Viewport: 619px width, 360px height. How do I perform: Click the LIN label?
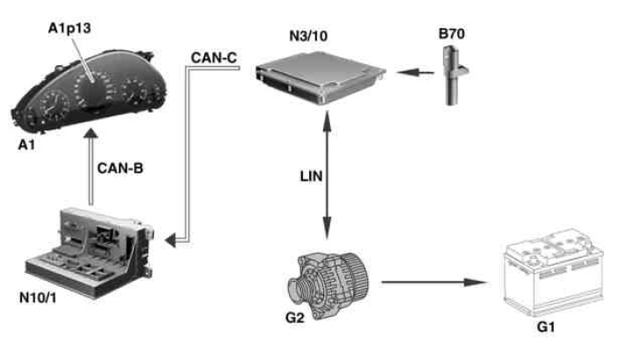(x=310, y=177)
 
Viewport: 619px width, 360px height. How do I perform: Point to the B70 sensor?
(x=451, y=76)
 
